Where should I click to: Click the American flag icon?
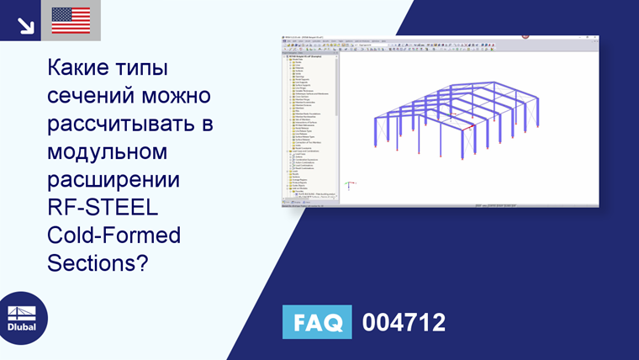71,19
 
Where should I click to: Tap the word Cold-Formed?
114,236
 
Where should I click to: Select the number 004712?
403,323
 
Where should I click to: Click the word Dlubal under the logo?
22,327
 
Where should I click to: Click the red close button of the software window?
525,36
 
